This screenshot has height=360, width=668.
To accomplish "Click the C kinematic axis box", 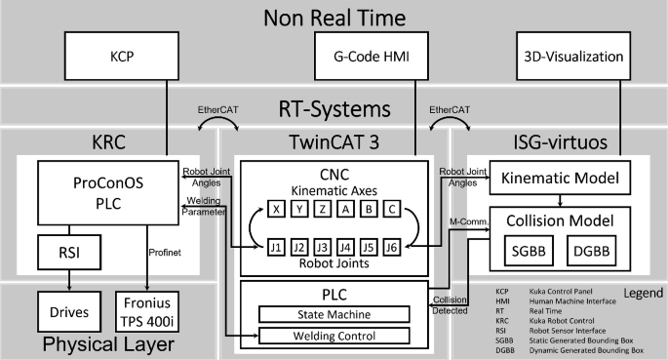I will (392, 208).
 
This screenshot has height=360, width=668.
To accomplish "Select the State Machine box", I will (334, 313).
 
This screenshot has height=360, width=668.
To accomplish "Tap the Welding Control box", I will (334, 337).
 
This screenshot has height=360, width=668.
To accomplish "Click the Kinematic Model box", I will (559, 181).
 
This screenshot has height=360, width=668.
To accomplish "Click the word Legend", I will (639, 292).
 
